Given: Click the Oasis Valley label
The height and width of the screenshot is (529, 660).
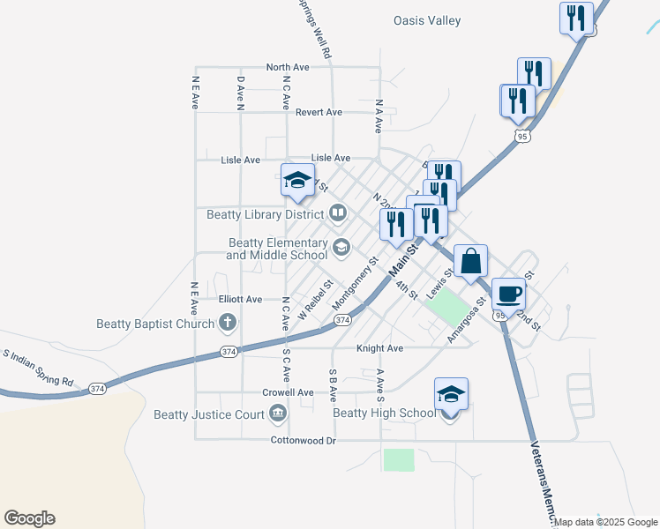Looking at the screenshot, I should pos(427,20).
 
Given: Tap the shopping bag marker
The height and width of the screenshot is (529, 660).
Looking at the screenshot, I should pos(471,262).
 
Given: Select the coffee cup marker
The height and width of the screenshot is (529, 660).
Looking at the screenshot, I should pos(507,294).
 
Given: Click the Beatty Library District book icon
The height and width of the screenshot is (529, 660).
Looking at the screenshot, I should pos(337,212).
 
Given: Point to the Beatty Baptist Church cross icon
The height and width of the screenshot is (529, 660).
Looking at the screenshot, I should pos(228,323).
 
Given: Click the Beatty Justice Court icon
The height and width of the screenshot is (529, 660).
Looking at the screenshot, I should pos(278,414).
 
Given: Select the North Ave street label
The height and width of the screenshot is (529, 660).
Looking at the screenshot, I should pos(288,67).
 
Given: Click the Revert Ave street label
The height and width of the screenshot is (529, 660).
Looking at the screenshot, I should pos(319,112).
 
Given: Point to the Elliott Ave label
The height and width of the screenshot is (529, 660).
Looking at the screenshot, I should pos(241,300).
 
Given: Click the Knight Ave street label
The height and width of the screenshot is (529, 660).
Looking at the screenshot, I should pos(379,348).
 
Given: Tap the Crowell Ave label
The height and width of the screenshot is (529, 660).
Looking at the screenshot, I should pos(288,392).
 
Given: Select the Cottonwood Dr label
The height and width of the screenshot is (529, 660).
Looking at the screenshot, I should pos(303,440).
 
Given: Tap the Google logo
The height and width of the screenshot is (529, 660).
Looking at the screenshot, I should pos(29,518).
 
